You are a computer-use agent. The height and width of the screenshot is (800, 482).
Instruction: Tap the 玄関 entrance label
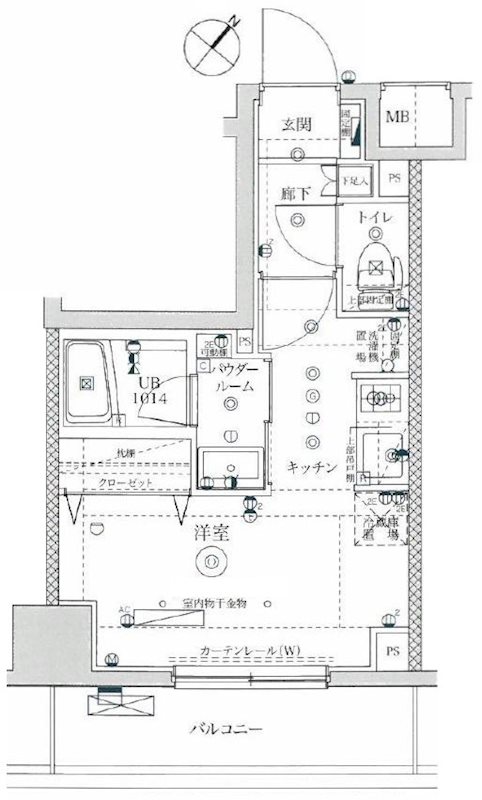click(x=298, y=124)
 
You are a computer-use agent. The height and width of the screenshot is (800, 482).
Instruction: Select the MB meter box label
click(x=398, y=115)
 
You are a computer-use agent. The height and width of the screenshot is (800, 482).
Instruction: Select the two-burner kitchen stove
click(x=380, y=397)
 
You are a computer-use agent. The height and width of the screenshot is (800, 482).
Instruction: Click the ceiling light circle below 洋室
click(x=211, y=563)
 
